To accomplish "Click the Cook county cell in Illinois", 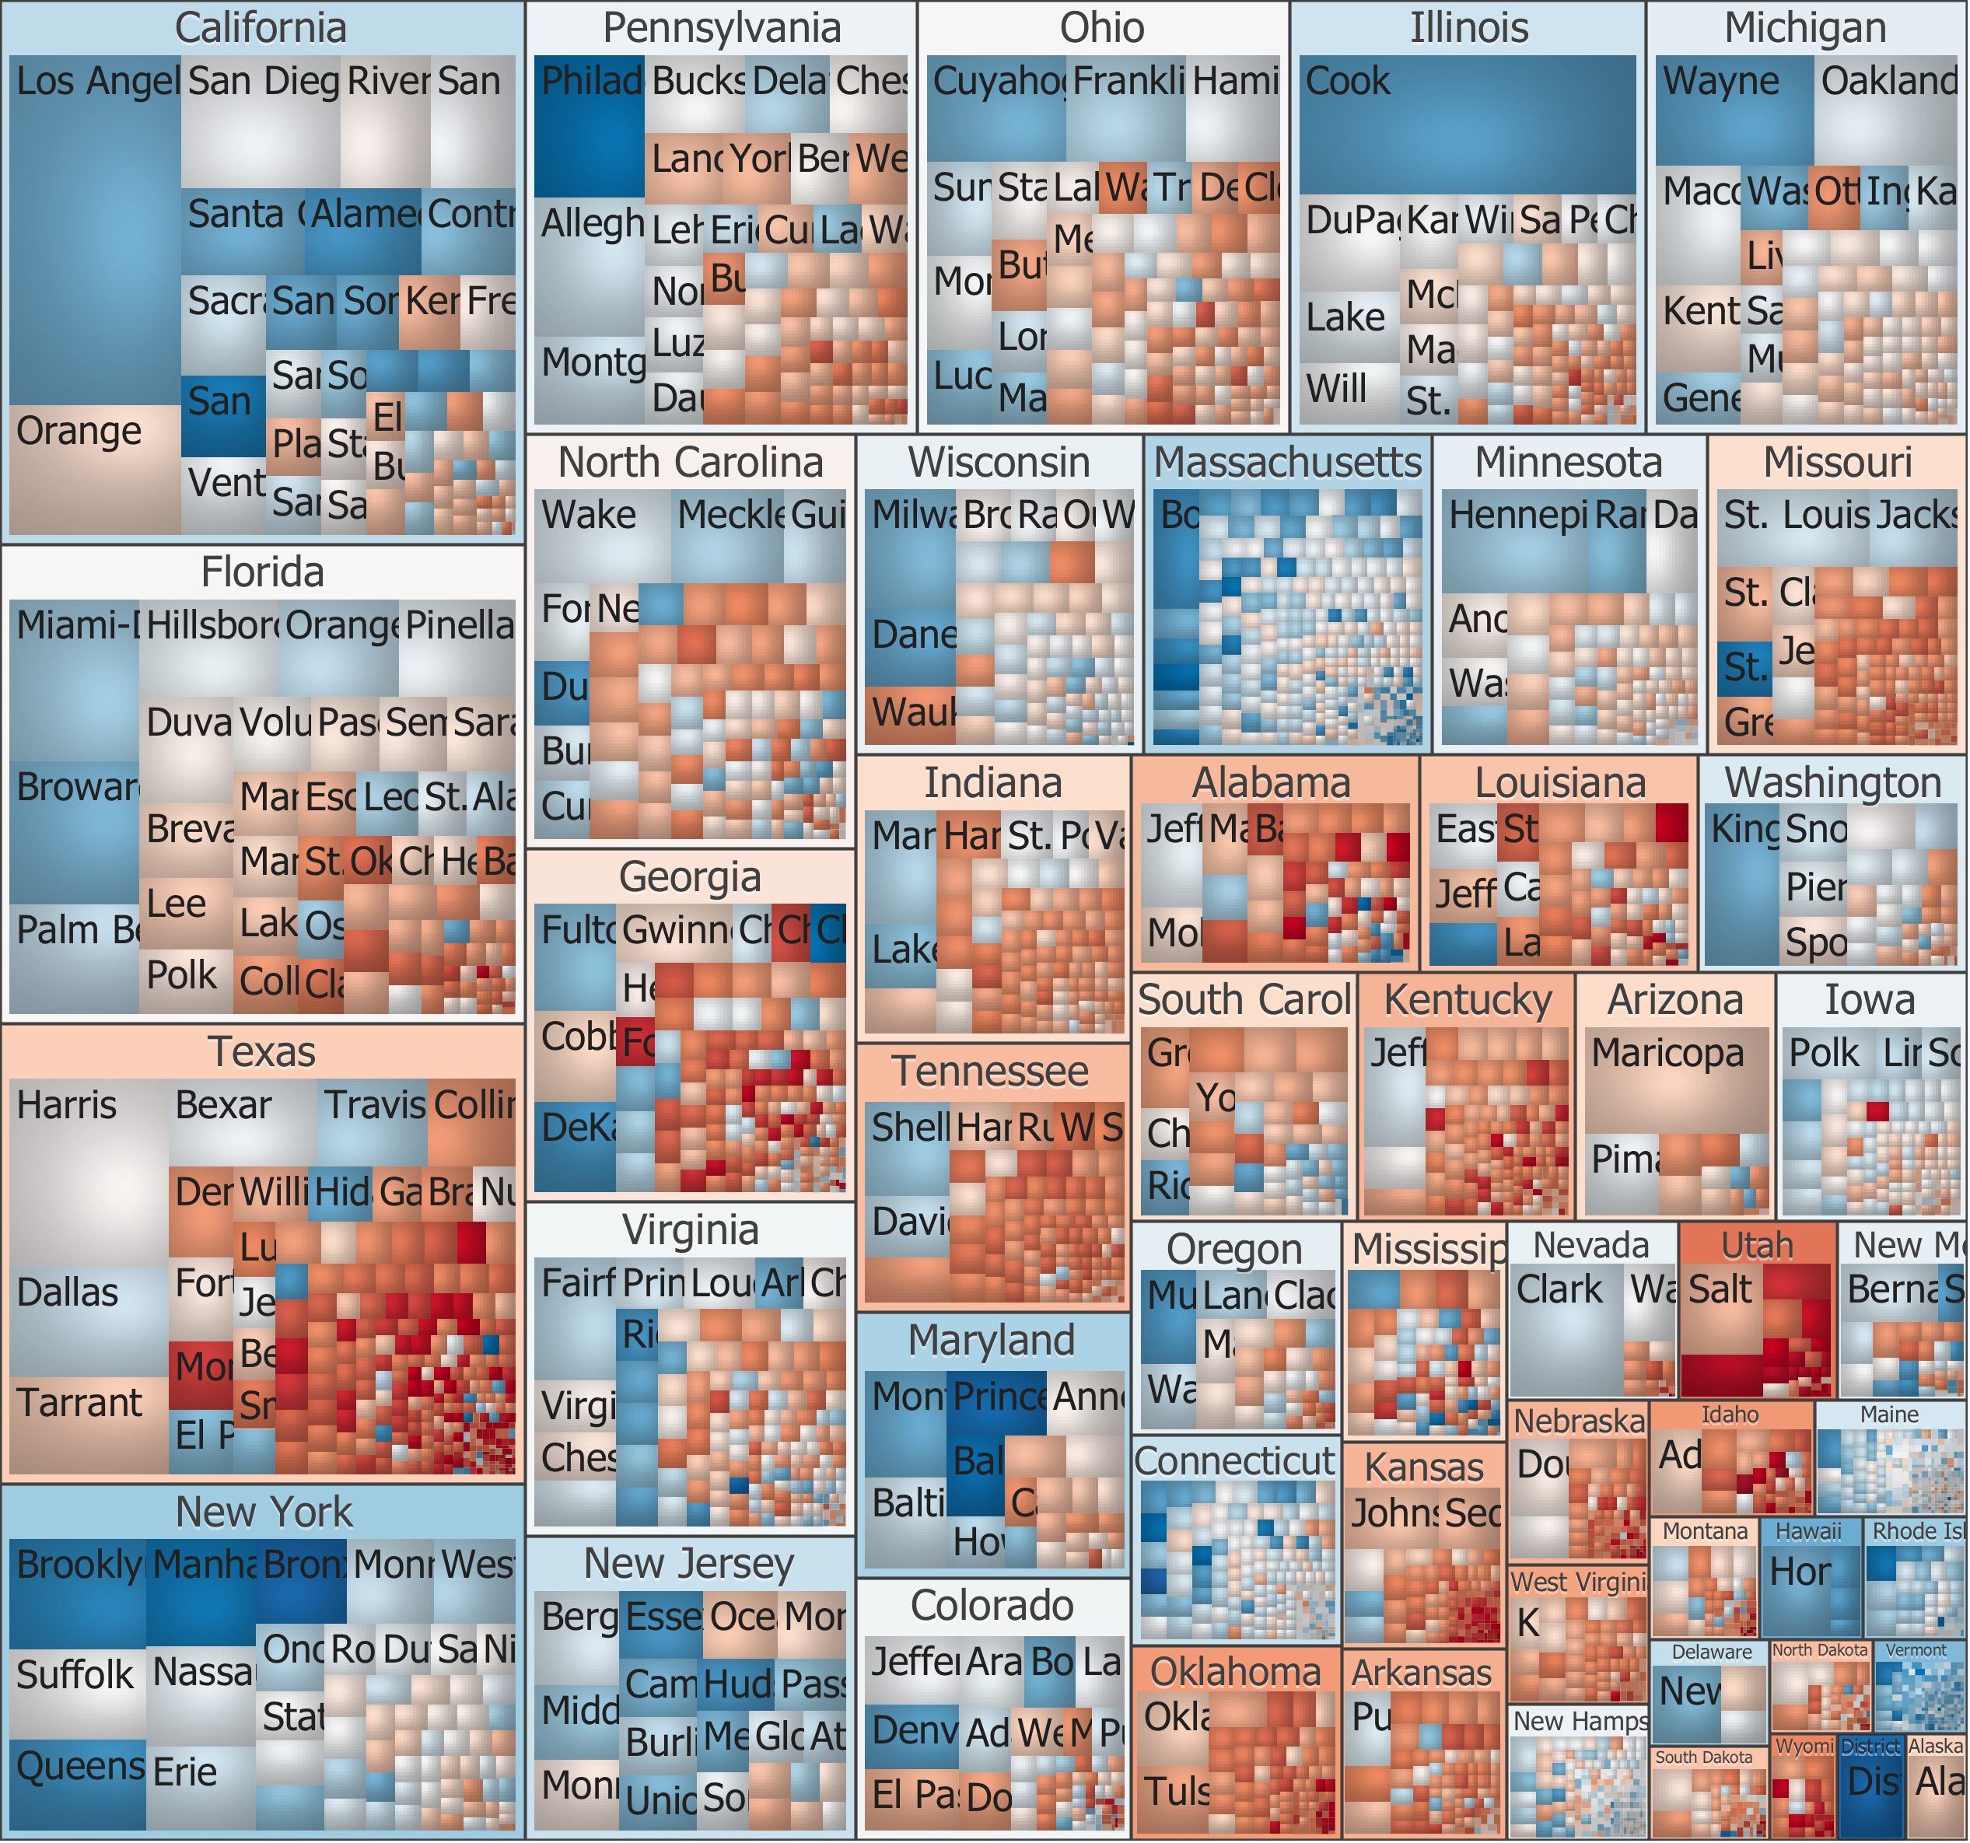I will [1467, 124].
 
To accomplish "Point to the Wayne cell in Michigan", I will [1734, 109].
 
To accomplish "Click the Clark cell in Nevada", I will [1566, 1327].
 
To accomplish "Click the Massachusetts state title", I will [1287, 462].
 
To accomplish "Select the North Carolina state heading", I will [690, 462].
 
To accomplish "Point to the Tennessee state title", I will [990, 1071].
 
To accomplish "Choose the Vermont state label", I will [1916, 1650].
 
